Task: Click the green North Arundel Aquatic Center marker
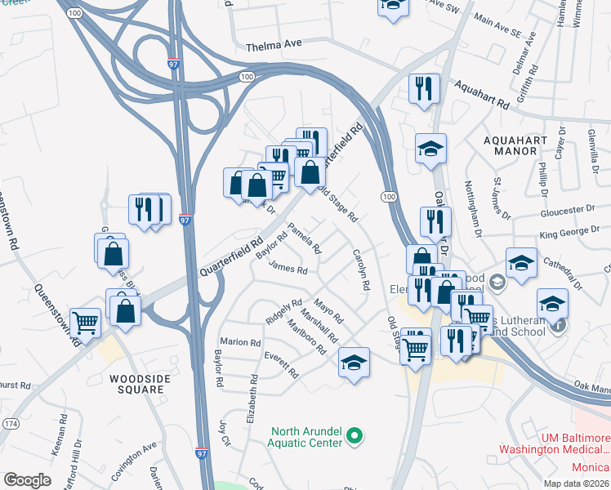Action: [354, 438]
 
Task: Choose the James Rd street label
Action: [288, 268]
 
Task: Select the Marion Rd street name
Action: [239, 342]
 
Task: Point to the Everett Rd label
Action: [282, 364]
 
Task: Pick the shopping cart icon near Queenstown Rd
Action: [85, 323]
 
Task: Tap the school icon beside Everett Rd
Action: [354, 363]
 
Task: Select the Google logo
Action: [27, 480]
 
